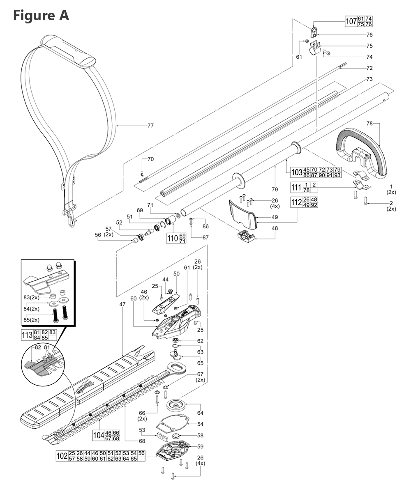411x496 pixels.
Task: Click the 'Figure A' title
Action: [41, 15]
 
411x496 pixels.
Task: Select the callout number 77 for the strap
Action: [150, 126]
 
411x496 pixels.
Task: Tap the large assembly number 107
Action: [351, 21]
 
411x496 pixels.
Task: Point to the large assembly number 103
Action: [296, 172]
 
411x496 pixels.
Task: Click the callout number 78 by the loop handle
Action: [369, 123]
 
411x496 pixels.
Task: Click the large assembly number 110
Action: [172, 239]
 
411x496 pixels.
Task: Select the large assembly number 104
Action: [99, 436]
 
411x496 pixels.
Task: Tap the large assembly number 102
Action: [62, 456]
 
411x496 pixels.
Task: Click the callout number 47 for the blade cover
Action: [122, 304]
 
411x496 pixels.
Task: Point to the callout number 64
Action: [200, 413]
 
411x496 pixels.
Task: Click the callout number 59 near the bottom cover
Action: [200, 446]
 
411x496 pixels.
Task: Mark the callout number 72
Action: [369, 68]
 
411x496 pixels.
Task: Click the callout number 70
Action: [150, 159]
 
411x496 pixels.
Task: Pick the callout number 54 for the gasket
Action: [200, 424]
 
